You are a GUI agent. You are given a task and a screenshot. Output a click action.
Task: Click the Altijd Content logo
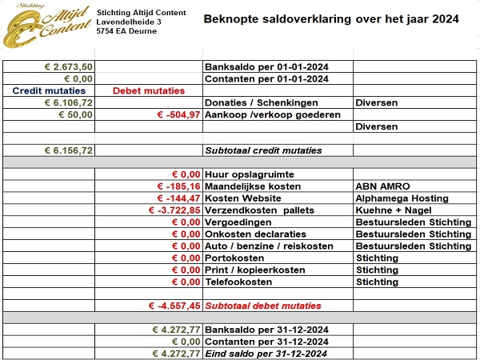coord(45,26)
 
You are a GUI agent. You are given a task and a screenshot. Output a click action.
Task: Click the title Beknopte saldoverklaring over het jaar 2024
coord(331,18)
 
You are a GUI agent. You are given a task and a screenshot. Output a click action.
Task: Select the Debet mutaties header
coord(149,90)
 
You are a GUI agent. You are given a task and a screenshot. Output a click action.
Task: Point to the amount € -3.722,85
coord(174,210)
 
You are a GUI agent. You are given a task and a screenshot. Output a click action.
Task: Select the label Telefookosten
coord(242,282)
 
